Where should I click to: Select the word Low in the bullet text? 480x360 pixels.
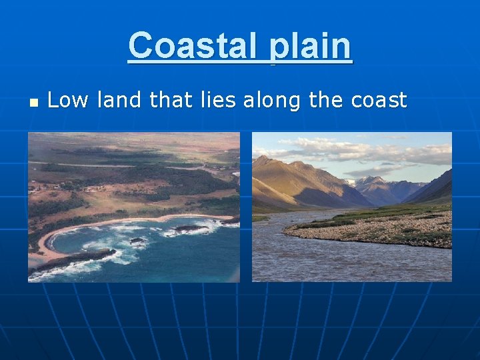pos(69,101)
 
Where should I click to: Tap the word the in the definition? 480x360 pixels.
pos(325,101)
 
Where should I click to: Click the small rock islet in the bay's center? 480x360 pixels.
pos(137,241)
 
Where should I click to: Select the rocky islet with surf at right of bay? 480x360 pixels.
pos(190,229)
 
